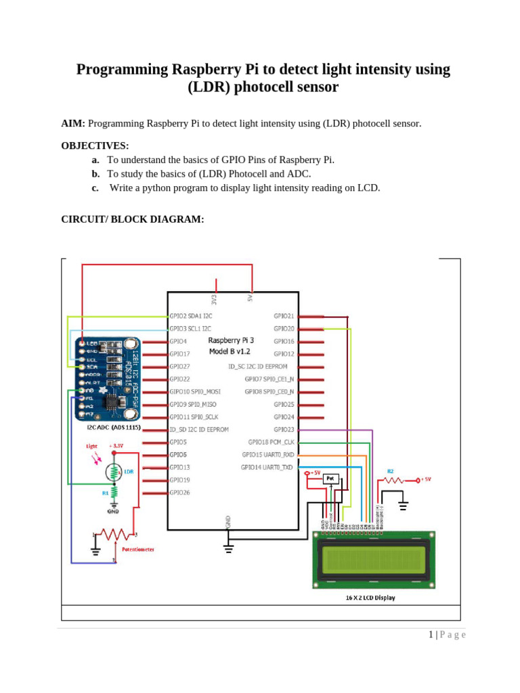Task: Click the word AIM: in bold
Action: (x=73, y=123)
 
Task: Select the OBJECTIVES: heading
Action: (x=95, y=146)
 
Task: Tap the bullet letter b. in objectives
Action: (x=95, y=174)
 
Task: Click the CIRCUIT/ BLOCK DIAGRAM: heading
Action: (x=133, y=219)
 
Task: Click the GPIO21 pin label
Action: (x=284, y=316)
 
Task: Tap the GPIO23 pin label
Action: (x=284, y=430)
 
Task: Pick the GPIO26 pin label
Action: (x=179, y=493)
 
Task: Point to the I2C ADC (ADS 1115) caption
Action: (x=113, y=428)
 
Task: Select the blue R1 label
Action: (x=106, y=493)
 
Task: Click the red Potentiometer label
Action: (x=138, y=549)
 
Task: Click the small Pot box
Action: (x=330, y=478)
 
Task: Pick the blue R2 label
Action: (x=390, y=471)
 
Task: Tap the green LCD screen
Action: (x=374, y=559)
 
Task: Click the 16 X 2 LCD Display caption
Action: (x=370, y=598)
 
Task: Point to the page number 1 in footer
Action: (x=431, y=634)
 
